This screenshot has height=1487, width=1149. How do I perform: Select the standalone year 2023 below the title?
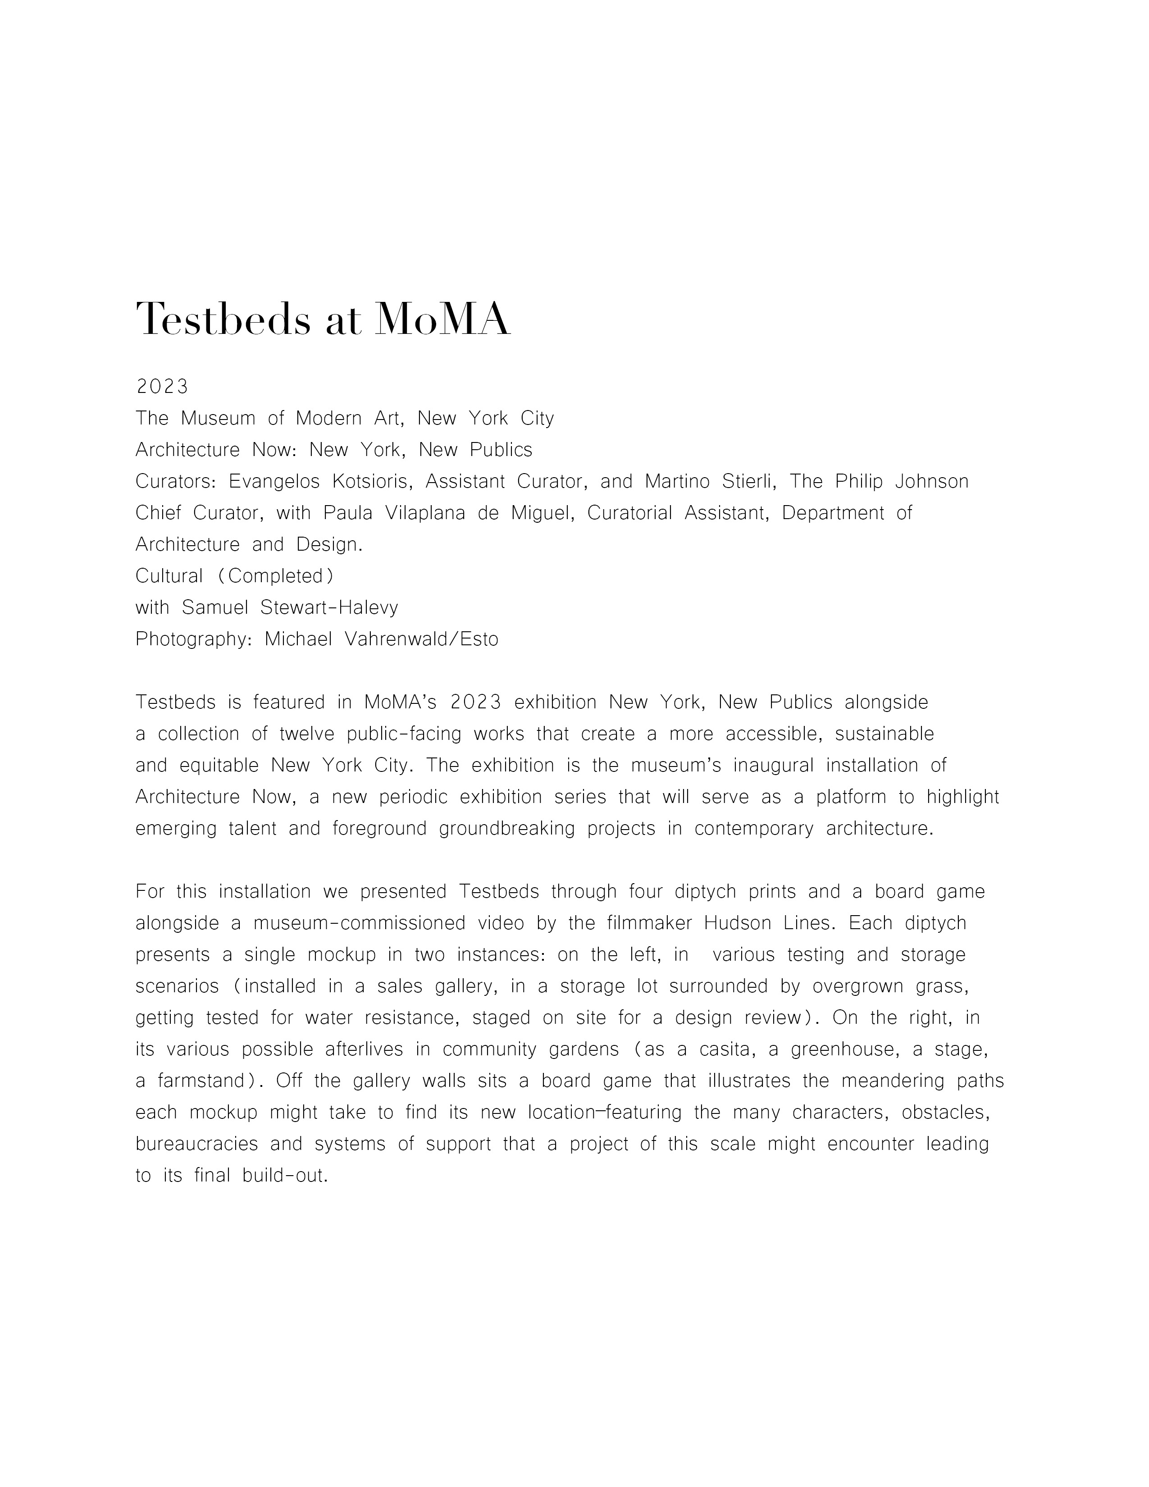[x=162, y=387]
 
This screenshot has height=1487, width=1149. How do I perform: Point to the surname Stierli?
[x=741, y=481]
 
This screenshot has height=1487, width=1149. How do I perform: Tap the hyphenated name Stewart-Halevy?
[x=329, y=607]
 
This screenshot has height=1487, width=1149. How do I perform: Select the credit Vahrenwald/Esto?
[x=422, y=639]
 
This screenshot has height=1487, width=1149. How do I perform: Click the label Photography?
[x=194, y=639]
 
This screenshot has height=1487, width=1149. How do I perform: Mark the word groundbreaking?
[x=506, y=829]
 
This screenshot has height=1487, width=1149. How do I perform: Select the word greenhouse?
[x=844, y=1049]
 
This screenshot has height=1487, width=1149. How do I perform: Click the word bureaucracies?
[x=197, y=1144]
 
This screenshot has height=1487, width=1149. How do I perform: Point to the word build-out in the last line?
[x=284, y=1176]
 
